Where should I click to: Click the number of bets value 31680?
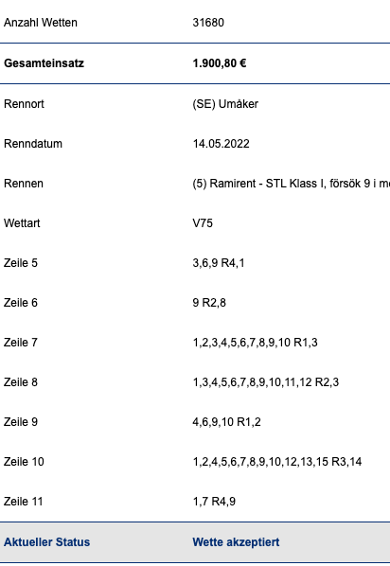click(x=208, y=23)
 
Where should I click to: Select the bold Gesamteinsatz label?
click(x=44, y=63)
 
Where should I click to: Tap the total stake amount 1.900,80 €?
click(x=220, y=63)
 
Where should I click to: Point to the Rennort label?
click(x=24, y=104)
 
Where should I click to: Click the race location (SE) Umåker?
click(x=225, y=104)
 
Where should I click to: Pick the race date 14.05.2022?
click(x=221, y=144)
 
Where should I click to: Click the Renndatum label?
click(x=33, y=144)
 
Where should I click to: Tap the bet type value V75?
click(x=203, y=223)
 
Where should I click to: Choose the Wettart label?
click(x=22, y=223)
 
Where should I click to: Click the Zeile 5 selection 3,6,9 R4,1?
click(x=219, y=263)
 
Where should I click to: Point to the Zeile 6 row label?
click(x=21, y=303)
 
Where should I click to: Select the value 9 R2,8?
click(x=209, y=303)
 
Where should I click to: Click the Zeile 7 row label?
click(x=21, y=343)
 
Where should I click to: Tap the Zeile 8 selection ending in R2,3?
click(x=266, y=381)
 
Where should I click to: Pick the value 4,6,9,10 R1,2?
click(x=227, y=421)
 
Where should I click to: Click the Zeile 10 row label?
click(x=24, y=461)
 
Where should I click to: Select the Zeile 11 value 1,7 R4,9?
click(x=214, y=501)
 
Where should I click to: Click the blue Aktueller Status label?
click(x=47, y=541)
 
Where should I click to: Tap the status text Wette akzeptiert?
click(x=236, y=541)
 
